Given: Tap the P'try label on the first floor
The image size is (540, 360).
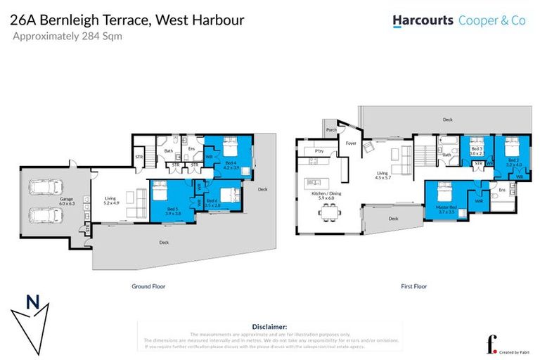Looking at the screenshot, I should [x=319, y=150].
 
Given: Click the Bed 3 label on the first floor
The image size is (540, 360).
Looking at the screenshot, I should [x=477, y=150].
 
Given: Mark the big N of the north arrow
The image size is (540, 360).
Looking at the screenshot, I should [x=32, y=303].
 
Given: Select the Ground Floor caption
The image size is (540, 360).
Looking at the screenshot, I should [x=148, y=287].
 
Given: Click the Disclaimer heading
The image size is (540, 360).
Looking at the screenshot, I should [x=269, y=327].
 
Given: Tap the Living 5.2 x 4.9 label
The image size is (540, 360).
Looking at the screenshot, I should [x=111, y=201].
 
